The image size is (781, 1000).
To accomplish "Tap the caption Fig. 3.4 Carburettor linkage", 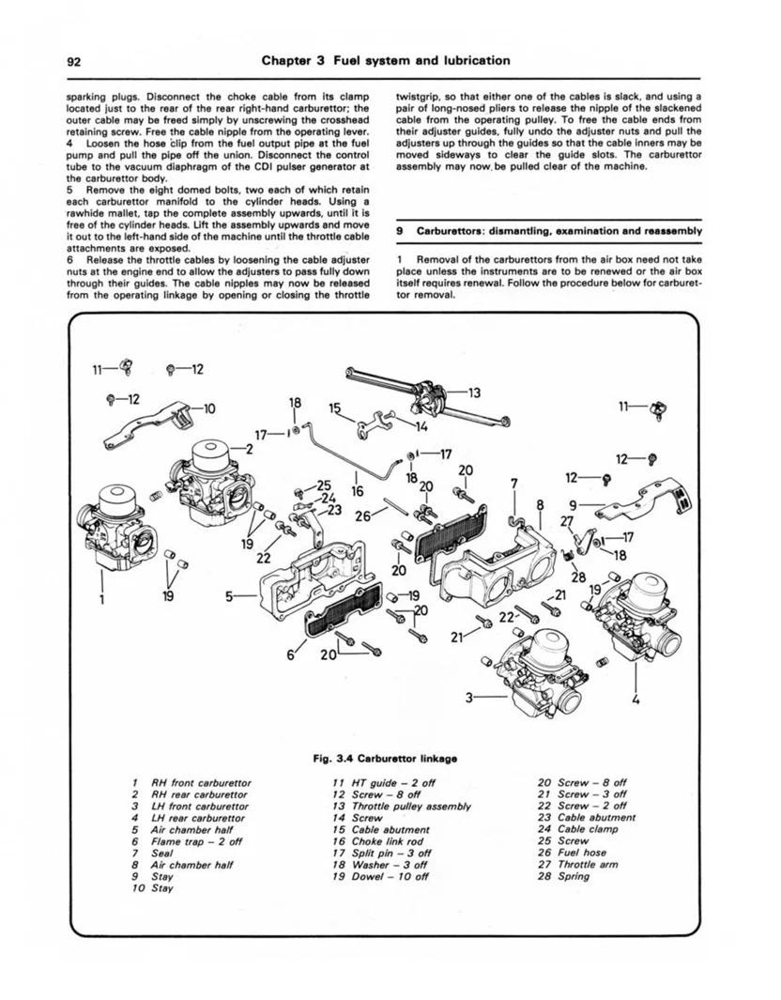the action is (386, 759).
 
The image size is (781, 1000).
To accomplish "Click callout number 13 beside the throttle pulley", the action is (474, 392).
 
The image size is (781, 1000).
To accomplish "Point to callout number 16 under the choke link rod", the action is (357, 491).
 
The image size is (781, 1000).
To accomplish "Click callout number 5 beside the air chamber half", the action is (230, 597).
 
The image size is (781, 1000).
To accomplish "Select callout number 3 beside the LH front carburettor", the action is (470, 698).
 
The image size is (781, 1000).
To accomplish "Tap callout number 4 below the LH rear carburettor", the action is (635, 700).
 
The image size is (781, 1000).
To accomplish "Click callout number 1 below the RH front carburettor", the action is (102, 599).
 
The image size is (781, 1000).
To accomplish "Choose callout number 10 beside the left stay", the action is (209, 408).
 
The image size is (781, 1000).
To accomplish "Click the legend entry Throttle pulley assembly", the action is (410, 807).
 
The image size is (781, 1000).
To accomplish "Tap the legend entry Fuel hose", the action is (582, 853).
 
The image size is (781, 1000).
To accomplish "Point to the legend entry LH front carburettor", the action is (200, 807).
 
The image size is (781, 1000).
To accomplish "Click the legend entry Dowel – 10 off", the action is (390, 876).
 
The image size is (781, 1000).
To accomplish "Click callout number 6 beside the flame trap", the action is (291, 654).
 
